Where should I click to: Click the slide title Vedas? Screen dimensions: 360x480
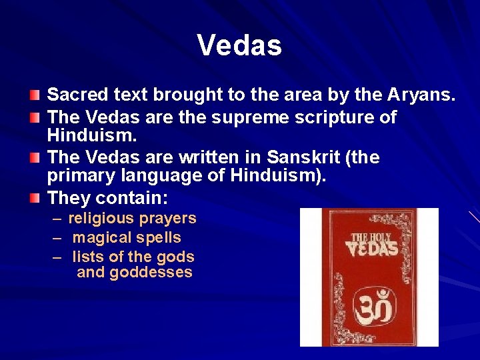coord(239,45)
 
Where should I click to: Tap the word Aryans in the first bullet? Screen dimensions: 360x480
coord(421,96)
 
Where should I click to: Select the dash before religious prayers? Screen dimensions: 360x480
coord(55,219)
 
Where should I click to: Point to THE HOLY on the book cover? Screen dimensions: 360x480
coord(369,237)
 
